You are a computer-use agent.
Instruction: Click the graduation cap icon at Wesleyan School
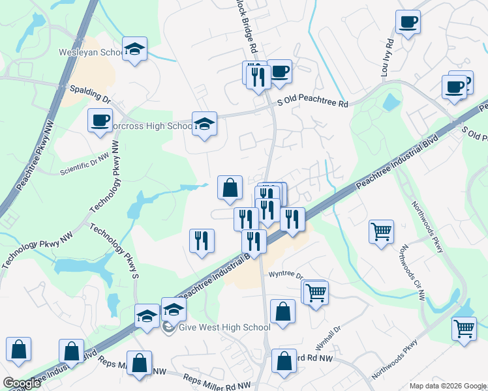tap(135, 50)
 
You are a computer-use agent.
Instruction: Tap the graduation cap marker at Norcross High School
tap(204, 124)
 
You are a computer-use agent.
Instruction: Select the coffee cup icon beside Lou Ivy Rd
tap(408, 23)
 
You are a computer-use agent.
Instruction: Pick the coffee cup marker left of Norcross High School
tap(100, 121)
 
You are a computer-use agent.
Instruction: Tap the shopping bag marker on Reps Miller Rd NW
tap(140, 364)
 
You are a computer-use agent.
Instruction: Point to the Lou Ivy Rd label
tap(385, 57)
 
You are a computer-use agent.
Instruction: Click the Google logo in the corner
tap(22, 383)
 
